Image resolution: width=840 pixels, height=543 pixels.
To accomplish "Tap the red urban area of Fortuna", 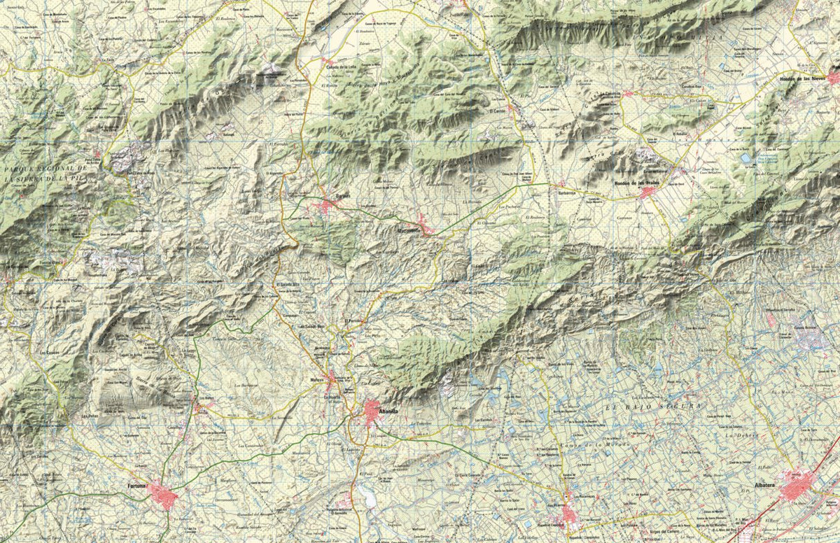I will coord(162,495).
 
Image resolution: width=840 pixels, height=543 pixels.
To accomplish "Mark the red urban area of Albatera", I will coord(798,485).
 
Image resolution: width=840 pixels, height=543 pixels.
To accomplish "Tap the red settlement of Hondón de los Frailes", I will coord(648,192).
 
